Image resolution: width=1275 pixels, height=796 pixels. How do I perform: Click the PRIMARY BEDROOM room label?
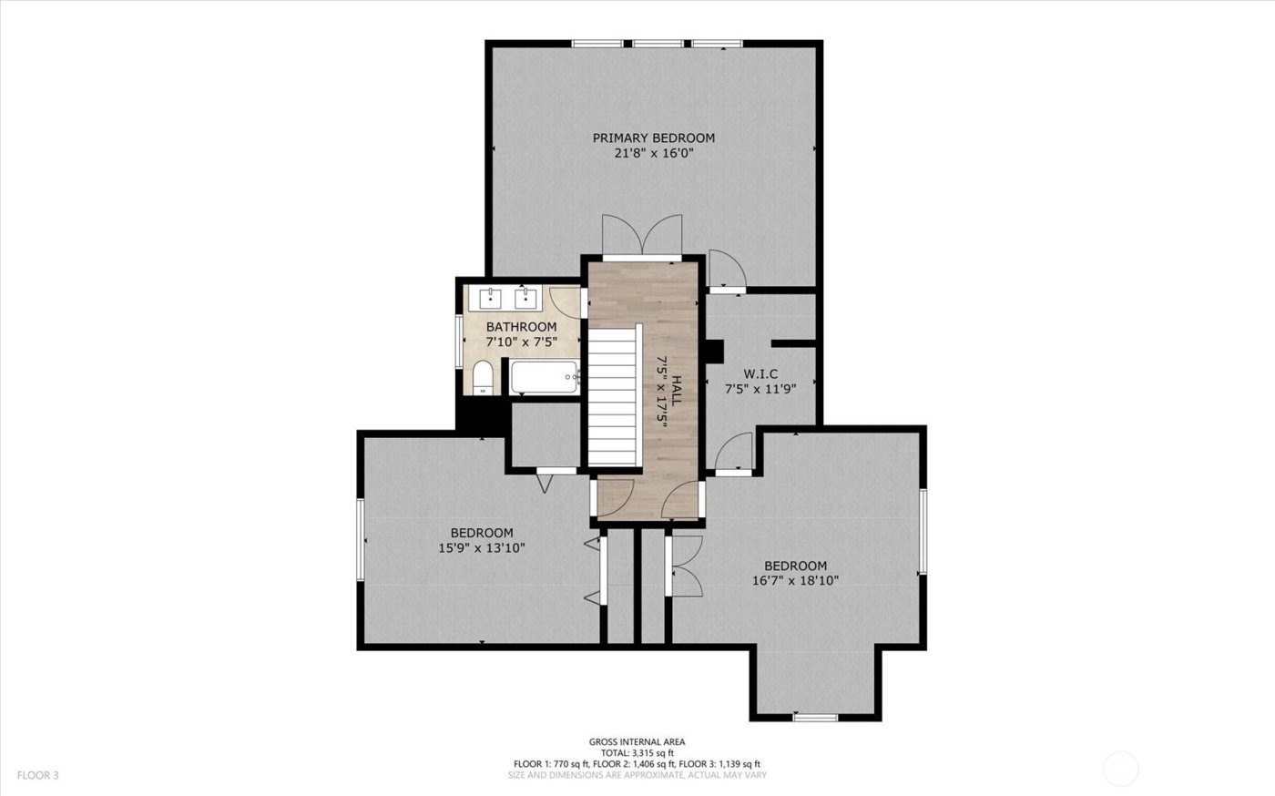[x=653, y=138]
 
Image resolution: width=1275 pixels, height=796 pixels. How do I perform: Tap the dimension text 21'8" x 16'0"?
[x=653, y=154]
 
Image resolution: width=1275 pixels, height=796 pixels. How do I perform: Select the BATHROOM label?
[x=521, y=327]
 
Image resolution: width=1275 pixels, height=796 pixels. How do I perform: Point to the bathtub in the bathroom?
[x=544, y=376]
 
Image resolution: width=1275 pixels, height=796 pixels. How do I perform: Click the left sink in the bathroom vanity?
[x=491, y=298]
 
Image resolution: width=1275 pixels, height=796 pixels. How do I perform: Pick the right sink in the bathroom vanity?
[x=525, y=298]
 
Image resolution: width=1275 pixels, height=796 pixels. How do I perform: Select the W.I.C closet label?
[x=760, y=373]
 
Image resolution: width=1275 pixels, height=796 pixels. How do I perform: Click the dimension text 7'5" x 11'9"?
[x=760, y=388]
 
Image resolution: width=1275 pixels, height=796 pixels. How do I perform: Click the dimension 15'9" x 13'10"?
[x=482, y=548]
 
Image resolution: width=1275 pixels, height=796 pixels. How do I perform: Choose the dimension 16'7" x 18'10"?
[x=795, y=580]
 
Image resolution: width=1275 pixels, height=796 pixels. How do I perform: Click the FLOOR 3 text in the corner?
[x=37, y=776]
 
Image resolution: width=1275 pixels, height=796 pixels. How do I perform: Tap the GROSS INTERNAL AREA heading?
[x=637, y=742]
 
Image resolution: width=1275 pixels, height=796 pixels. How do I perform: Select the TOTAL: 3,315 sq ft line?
[x=637, y=753]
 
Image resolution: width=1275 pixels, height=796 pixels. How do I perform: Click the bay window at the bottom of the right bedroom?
[x=815, y=718]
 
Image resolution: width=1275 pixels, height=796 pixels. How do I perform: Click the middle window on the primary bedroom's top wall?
[x=658, y=43]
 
